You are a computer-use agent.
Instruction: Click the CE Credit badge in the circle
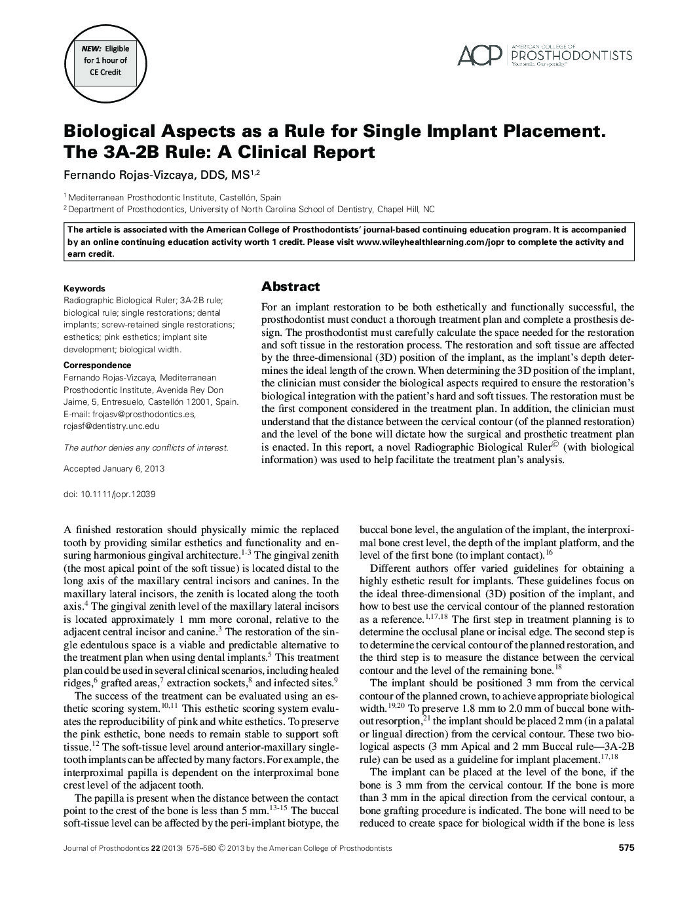point(105,60)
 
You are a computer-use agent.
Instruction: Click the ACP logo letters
point(479,56)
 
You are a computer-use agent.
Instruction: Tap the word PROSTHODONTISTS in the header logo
point(571,56)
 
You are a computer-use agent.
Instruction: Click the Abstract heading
point(290,286)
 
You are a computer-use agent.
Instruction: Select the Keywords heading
point(84,288)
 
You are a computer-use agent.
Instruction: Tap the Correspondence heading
point(97,365)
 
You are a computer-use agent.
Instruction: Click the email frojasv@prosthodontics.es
point(140,414)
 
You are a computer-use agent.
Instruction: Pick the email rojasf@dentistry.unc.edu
point(111,426)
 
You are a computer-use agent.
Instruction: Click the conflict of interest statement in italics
point(145,448)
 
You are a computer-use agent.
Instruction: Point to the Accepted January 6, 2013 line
point(114,469)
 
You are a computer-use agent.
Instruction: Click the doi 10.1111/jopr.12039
point(109,494)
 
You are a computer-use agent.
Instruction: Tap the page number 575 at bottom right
point(626,847)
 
